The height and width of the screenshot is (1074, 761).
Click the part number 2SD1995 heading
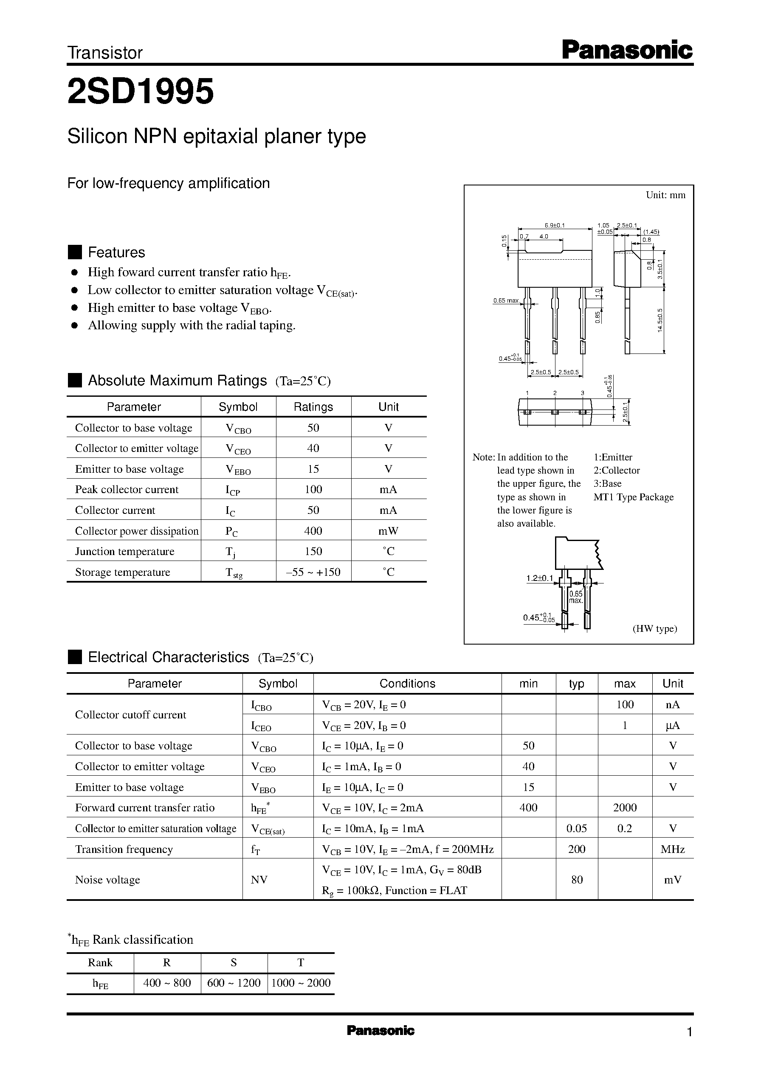tap(141, 91)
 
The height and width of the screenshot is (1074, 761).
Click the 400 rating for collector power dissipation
tap(313, 531)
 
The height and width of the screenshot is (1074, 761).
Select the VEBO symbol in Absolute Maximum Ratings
tap(238, 470)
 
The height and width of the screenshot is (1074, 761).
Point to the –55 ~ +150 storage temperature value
tap(313, 572)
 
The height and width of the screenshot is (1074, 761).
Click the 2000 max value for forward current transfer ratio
tap(625, 808)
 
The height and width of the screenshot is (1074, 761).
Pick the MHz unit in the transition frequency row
tap(672, 849)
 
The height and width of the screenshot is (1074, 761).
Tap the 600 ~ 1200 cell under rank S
tap(234, 983)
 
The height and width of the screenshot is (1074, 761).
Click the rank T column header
tap(300, 962)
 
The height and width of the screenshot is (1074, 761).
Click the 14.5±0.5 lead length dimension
tap(660, 320)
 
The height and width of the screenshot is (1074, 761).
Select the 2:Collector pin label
tap(616, 471)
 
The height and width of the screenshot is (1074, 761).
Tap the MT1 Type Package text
tap(633, 497)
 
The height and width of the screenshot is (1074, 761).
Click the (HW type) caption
tap(655, 629)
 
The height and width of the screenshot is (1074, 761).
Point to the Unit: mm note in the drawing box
tap(665, 195)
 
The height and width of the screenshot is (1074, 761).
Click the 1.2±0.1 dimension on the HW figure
tap(539, 578)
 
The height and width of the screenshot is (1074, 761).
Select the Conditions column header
tap(407, 684)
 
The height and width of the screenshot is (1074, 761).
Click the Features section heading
tap(116, 252)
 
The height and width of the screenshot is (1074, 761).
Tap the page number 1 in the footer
tap(689, 1032)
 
